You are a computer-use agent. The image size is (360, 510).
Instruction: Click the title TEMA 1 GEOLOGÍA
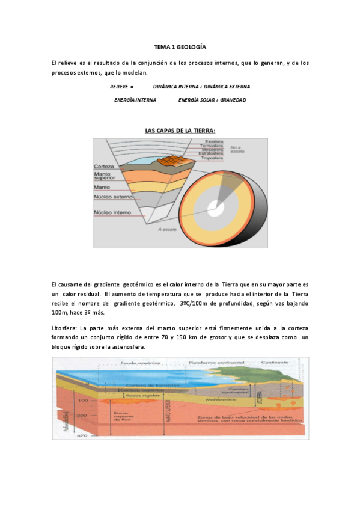(x=180, y=46)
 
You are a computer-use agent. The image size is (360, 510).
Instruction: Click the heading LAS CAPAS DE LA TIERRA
(x=180, y=131)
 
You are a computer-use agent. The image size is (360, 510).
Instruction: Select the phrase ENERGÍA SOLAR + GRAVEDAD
(x=212, y=99)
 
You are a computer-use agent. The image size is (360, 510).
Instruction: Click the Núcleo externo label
(x=112, y=196)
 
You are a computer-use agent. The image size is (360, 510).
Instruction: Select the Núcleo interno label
(x=112, y=212)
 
